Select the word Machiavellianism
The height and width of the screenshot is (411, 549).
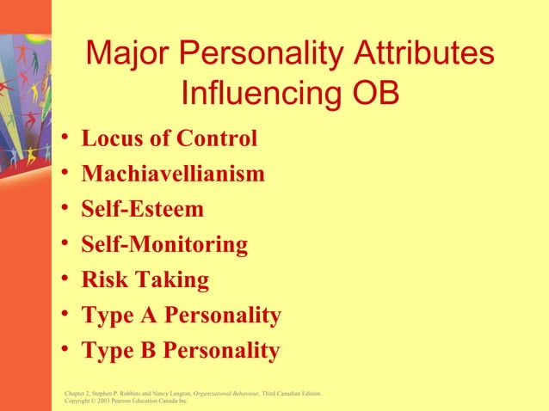(x=173, y=174)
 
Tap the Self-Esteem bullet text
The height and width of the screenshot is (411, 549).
(x=142, y=209)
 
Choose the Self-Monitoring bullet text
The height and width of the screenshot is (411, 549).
(x=164, y=244)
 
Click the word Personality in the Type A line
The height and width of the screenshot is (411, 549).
(x=223, y=316)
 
